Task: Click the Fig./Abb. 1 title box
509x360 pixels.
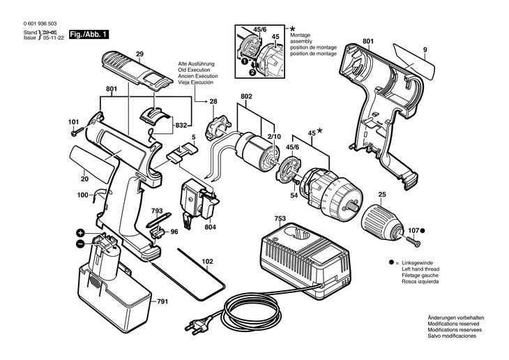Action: coord(89,35)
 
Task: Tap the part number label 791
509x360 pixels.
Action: coord(162,302)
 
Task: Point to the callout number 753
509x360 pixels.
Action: coord(280,218)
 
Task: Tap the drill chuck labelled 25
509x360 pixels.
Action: coord(383,221)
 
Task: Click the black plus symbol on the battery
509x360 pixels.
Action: coord(80,232)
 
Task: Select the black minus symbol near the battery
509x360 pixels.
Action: coord(80,243)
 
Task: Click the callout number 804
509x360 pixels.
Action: coord(210,227)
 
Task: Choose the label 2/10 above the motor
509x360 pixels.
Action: coord(275,137)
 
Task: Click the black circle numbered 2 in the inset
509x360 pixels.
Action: coord(252,73)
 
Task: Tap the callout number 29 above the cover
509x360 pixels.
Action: coord(139,54)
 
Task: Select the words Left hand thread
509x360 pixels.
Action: coord(420,269)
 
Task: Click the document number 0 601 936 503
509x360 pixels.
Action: coord(40,24)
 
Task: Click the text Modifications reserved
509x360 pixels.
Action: coord(453,324)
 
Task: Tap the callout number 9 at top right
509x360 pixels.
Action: coord(425,50)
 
